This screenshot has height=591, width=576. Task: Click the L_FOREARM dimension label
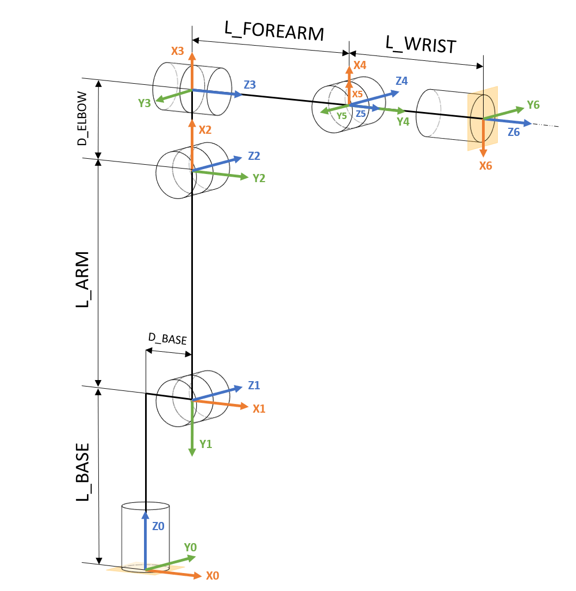tap(274, 31)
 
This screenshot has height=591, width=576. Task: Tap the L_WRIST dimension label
tap(421, 43)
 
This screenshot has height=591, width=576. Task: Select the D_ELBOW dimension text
tap(82, 119)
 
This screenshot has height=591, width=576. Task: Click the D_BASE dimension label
tap(167, 339)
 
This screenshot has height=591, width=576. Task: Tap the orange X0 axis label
tap(212, 575)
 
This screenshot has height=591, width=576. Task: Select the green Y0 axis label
tap(190, 547)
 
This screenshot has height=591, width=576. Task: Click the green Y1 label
tap(206, 444)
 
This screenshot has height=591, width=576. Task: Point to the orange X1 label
tap(259, 408)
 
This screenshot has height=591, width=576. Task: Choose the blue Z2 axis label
tap(254, 155)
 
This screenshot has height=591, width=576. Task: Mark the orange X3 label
tap(178, 51)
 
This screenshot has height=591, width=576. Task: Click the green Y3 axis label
tap(144, 102)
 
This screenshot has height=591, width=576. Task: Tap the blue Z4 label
tap(402, 80)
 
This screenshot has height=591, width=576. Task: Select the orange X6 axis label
tap(485, 166)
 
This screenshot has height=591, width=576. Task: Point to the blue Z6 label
tap(514, 132)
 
